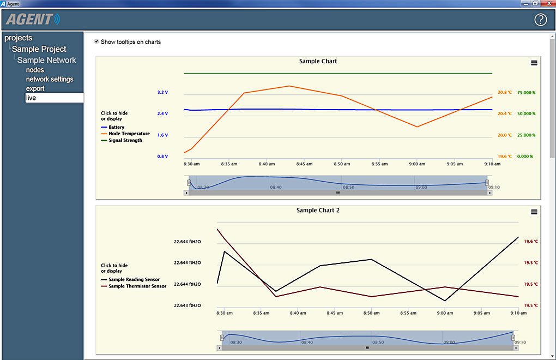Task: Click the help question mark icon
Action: [540, 20]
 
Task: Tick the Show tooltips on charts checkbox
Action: [96, 41]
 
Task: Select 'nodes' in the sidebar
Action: [35, 70]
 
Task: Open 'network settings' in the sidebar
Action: [50, 79]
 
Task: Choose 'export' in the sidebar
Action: [35, 88]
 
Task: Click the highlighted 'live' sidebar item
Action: [55, 98]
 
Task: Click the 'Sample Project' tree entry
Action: [39, 49]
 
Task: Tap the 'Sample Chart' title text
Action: [318, 61]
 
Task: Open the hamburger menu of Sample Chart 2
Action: [534, 212]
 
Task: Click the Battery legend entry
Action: [113, 127]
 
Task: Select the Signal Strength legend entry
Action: [122, 140]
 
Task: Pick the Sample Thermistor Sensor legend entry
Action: [134, 286]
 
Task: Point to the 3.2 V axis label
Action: [163, 92]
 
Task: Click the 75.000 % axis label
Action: [526, 93]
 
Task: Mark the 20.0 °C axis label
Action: [505, 135]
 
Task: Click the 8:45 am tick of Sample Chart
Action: [304, 164]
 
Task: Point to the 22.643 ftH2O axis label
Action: [187, 305]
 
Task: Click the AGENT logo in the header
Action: [33, 19]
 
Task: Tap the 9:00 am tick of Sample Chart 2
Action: [445, 313]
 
